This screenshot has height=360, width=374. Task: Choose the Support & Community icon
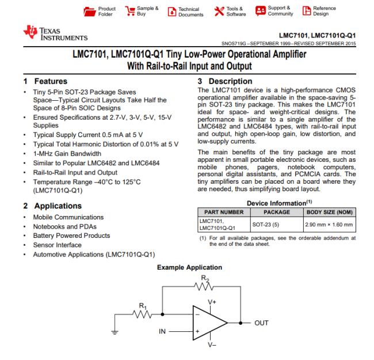[260, 12]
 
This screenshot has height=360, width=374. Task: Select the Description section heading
[226, 82]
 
